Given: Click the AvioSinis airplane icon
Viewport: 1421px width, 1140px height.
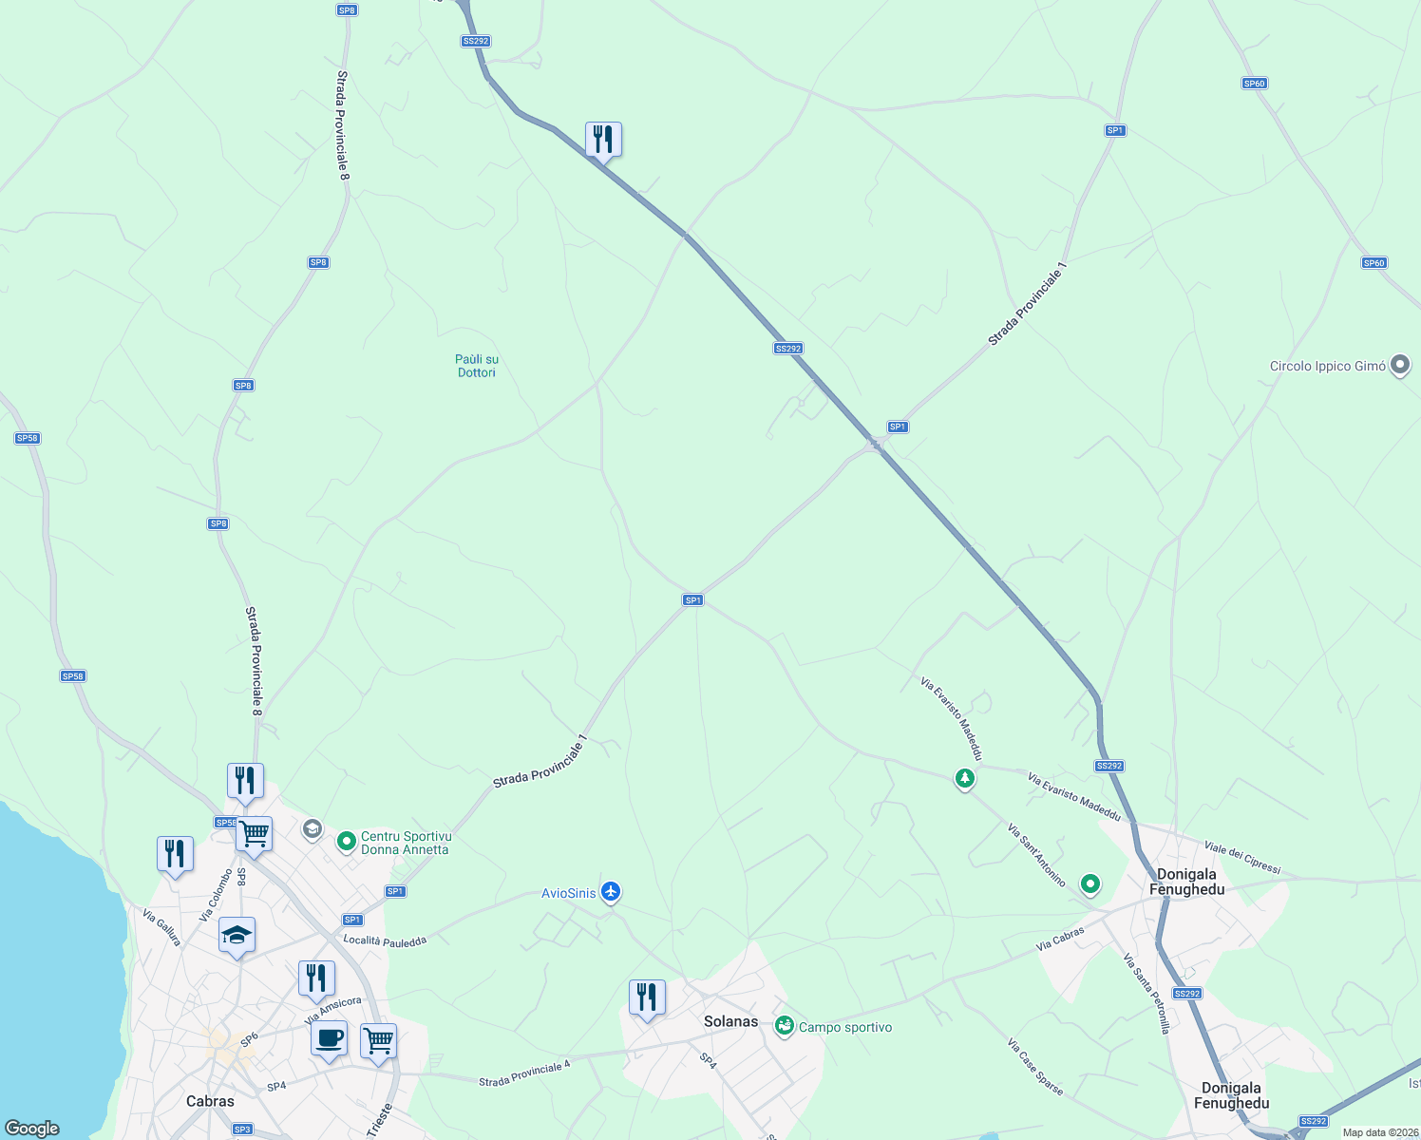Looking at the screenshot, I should (610, 892).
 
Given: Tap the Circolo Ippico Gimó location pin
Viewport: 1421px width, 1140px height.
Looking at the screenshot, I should (1399, 365).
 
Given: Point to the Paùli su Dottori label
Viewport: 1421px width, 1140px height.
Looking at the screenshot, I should (477, 366).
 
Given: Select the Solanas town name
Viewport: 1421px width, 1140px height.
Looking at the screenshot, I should (730, 1022).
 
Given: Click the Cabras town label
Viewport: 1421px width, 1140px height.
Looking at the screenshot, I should (210, 1101).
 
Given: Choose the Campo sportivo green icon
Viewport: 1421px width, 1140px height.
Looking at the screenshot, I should (784, 1026).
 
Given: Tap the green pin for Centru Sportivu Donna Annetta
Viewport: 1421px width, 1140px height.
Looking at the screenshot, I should (347, 841).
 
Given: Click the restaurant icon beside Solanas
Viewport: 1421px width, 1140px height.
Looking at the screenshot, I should (647, 997).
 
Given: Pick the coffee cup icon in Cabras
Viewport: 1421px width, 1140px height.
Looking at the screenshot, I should (329, 1038).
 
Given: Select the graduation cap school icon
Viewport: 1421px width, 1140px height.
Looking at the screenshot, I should (237, 936).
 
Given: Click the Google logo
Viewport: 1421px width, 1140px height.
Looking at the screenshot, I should (32, 1129).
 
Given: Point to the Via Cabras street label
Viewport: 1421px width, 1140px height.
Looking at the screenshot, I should (1060, 939).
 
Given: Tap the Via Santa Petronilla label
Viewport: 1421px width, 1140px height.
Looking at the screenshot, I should (1146, 994).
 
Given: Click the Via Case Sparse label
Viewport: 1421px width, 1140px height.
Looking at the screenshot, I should (1035, 1067).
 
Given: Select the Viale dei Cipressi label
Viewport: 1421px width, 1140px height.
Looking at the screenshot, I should (1242, 857).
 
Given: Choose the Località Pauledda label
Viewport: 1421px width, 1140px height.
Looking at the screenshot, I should (385, 940).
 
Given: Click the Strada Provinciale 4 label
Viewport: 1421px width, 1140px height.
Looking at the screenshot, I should (524, 1074).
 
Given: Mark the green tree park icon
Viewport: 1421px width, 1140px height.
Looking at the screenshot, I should (965, 779).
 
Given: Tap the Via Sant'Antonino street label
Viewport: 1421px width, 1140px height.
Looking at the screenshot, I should (1036, 856).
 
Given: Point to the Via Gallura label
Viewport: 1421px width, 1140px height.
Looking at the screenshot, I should (161, 927).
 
